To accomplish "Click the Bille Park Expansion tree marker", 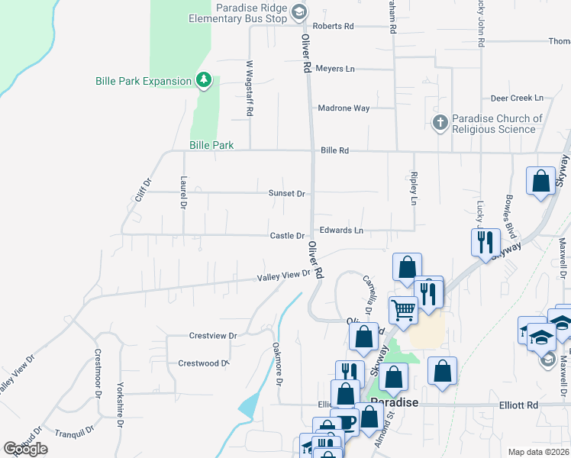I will [203, 79].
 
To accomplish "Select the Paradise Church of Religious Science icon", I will [440, 122].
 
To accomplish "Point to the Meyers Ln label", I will [335, 69].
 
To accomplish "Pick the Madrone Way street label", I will [344, 108].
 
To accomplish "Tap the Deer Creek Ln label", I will [517, 98].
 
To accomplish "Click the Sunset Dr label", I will [286, 193].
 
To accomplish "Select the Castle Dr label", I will [287, 236].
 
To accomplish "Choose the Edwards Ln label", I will [341, 230].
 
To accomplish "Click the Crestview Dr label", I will [213, 335].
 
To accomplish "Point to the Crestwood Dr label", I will [203, 363].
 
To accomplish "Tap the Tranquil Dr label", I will [74, 432].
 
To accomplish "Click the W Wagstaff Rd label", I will [250, 89].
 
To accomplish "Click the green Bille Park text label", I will [211, 145].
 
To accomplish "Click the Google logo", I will [26, 449].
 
